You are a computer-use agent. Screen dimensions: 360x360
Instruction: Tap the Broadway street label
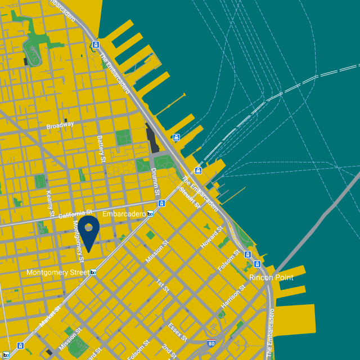60,126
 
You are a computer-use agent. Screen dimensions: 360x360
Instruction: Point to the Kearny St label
49,204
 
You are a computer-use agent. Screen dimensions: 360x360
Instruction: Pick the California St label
74,214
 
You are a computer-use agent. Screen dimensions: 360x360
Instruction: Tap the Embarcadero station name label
124,214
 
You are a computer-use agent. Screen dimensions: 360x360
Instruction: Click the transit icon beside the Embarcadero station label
150,214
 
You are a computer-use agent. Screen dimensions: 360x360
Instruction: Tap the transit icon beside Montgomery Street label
93,272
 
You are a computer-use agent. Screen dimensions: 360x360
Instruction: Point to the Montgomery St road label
78,236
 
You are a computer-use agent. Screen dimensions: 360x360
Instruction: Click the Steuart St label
189,197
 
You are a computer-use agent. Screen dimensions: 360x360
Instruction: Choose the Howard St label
210,238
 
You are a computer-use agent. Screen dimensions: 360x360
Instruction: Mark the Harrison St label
233,296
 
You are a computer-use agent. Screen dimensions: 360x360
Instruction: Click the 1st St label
163,285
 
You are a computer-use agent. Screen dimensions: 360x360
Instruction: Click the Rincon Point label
271,277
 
